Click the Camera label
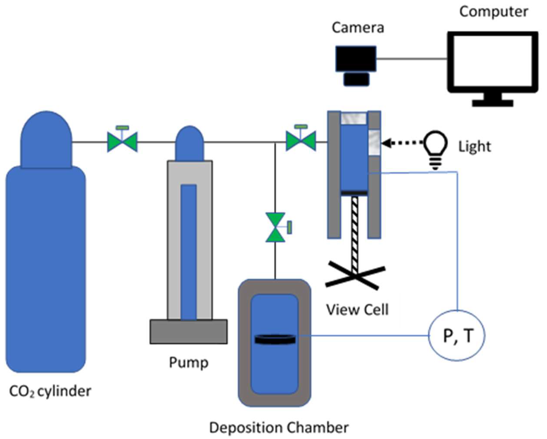(358, 28)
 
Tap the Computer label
(494, 12)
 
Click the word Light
(475, 146)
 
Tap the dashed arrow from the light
(402, 143)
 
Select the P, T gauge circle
(457, 335)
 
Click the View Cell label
(357, 310)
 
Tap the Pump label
(189, 363)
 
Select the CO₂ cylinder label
(50, 391)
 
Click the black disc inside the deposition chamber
(275, 339)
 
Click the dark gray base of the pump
(189, 331)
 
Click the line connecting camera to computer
(412, 59)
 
